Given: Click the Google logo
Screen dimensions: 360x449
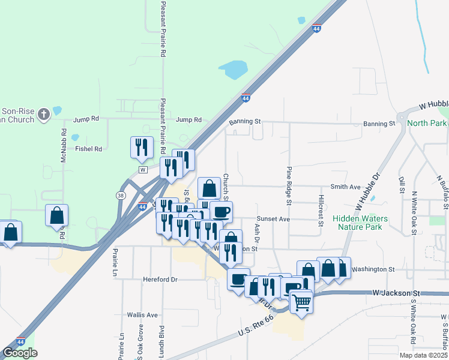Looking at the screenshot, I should pyautogui.click(x=20, y=353).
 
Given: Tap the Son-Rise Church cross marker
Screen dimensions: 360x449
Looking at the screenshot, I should pyautogui.click(x=43, y=114).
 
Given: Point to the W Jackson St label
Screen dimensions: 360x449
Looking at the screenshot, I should pyautogui.click(x=394, y=293).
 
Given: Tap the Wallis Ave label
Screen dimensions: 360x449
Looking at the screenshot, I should pyautogui.click(x=142, y=314).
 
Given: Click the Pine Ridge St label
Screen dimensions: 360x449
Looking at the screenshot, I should pyautogui.click(x=289, y=186).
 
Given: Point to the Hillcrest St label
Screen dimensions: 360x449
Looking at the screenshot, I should pyautogui.click(x=322, y=211).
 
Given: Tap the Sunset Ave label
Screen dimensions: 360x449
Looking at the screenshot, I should pyautogui.click(x=273, y=219).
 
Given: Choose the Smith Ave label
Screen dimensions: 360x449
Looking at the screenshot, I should pyautogui.click(x=346, y=187).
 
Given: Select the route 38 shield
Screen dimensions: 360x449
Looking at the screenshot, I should pyautogui.click(x=121, y=196).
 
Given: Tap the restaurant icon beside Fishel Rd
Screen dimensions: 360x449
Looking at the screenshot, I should pyautogui.click(x=141, y=148).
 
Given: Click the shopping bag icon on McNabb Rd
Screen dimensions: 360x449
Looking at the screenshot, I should pyautogui.click(x=56, y=216).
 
